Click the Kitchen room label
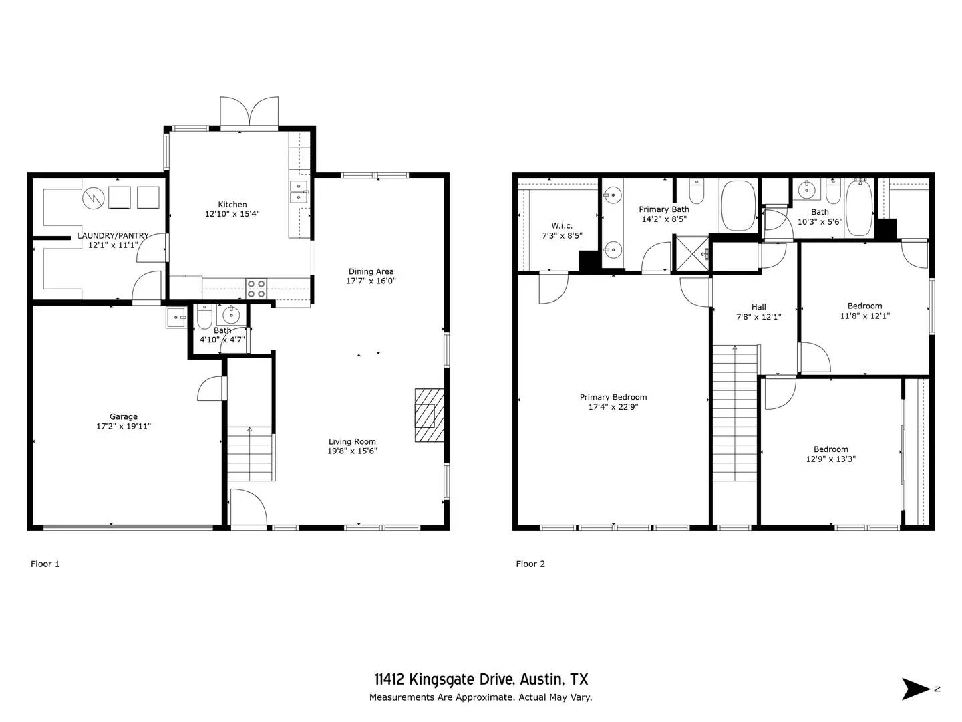232,205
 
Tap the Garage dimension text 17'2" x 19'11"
124,426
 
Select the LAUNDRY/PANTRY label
113,236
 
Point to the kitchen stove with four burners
256,288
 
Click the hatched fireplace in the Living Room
429,415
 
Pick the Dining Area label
371,271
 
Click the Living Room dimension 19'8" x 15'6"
352,451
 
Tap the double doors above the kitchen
249,112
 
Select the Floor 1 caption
45,564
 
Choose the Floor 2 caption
530,564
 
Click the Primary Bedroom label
613,397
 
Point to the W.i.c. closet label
562,226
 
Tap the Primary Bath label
664,209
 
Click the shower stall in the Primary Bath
692,253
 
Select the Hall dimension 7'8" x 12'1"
758,317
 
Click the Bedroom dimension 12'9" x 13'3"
831,459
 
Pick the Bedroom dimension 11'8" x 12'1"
865,316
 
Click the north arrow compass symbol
916,689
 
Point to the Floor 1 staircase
251,454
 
